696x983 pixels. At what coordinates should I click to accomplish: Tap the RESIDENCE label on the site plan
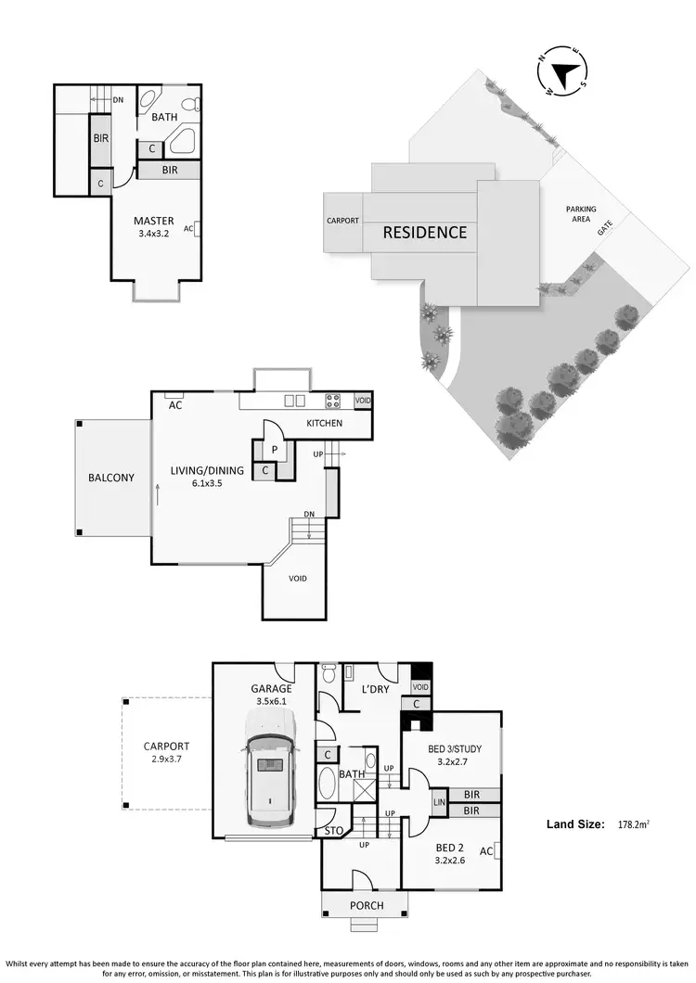[x=425, y=232]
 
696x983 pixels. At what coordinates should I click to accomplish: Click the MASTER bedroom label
[x=153, y=221]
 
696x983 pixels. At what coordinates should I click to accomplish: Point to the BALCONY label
[x=111, y=479]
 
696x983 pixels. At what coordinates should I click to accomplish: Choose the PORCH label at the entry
[x=367, y=905]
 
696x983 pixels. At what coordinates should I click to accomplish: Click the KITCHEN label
[x=325, y=424]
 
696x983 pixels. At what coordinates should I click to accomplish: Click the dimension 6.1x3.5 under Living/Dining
[x=207, y=484]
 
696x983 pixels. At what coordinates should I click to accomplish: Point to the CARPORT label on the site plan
[x=342, y=222]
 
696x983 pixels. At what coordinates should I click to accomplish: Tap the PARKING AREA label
[x=582, y=215]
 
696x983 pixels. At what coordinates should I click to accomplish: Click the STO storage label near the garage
[x=332, y=831]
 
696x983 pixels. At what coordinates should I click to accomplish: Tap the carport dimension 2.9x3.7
[x=166, y=760]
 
